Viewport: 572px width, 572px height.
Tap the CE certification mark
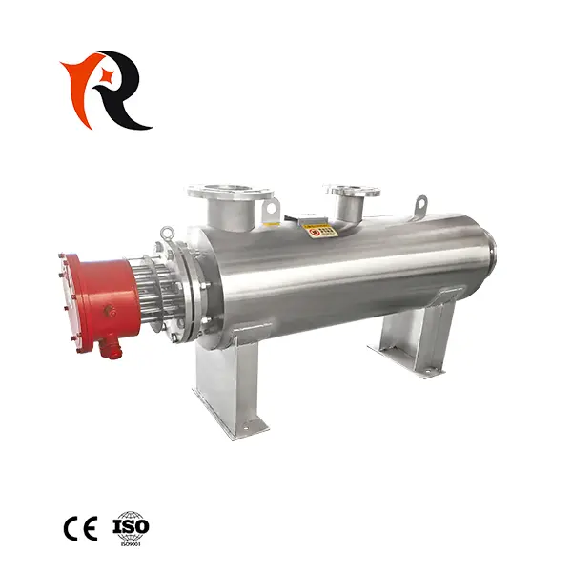[79, 527]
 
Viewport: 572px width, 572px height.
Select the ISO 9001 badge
[132, 526]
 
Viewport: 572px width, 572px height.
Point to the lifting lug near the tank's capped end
[420, 205]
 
